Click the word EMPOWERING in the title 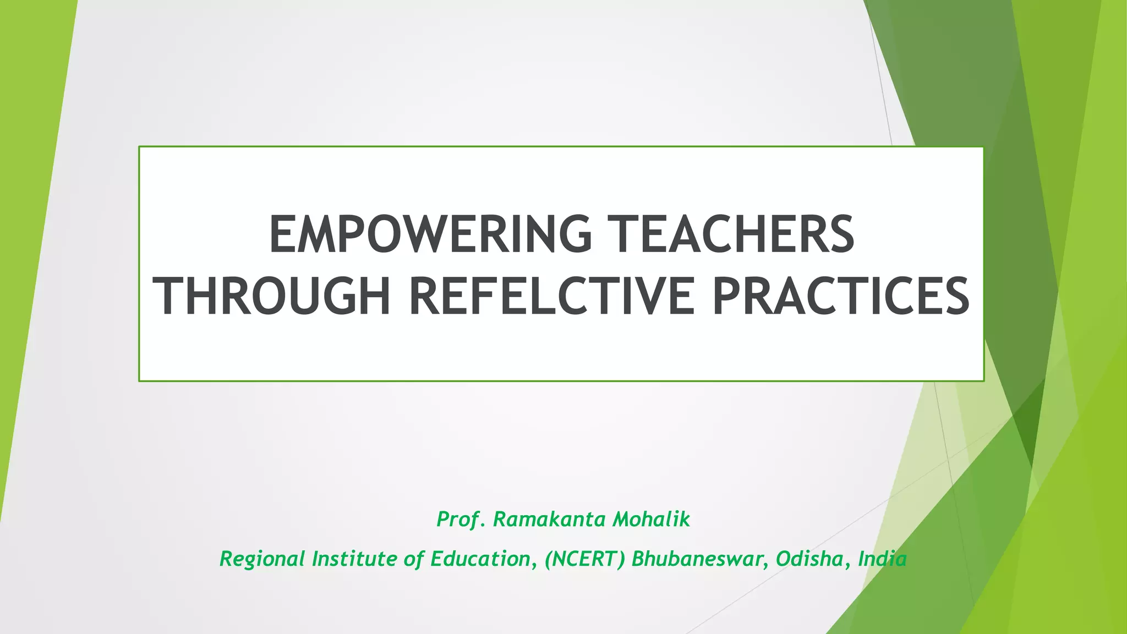pos(430,234)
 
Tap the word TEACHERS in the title pos(734,234)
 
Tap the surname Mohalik pos(651,519)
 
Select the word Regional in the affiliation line pos(262,559)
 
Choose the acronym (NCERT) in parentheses pos(584,559)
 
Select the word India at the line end pos(882,559)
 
